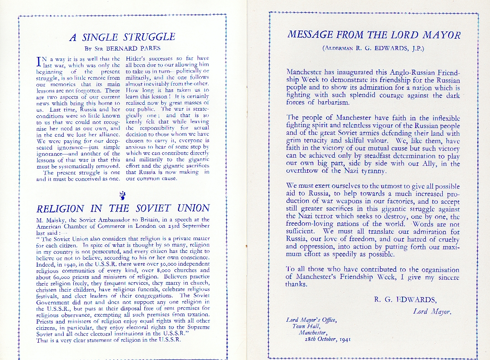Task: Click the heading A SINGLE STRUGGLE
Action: [122, 38]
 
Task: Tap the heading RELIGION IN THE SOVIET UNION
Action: [122, 208]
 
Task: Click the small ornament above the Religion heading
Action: [122, 196]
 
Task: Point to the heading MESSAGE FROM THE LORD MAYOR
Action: [374, 35]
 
